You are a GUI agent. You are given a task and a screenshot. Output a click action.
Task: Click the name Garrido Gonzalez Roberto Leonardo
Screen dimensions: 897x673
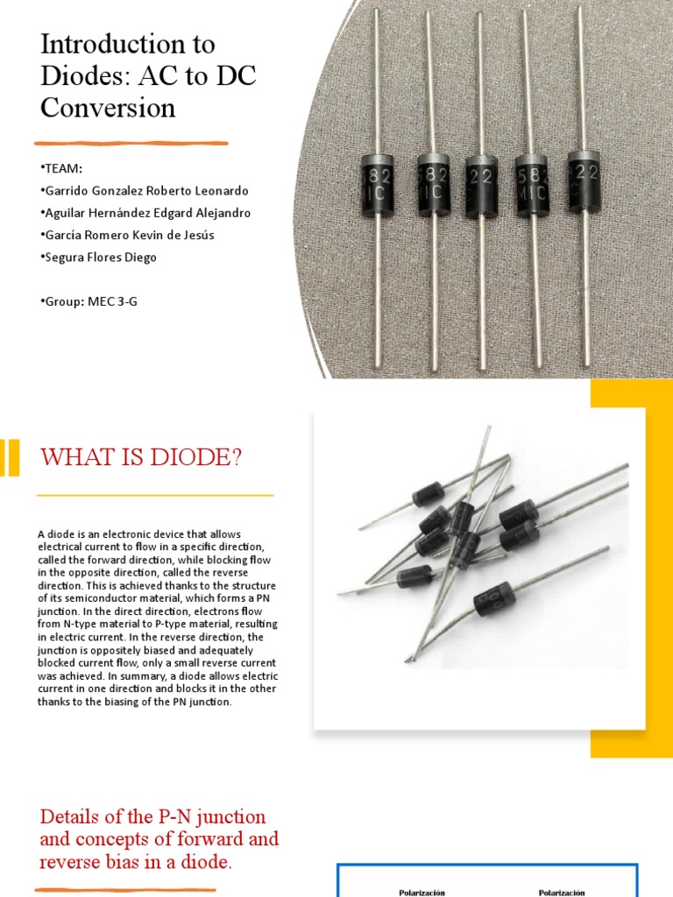(x=144, y=190)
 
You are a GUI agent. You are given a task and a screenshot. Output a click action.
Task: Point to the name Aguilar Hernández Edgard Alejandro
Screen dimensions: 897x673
(x=145, y=213)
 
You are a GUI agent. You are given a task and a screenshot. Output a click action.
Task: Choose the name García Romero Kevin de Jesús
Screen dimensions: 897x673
(x=126, y=235)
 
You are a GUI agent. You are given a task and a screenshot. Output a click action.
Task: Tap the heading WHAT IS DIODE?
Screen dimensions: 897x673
(x=141, y=456)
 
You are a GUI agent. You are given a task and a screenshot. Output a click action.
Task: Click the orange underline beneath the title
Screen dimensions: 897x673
(x=131, y=143)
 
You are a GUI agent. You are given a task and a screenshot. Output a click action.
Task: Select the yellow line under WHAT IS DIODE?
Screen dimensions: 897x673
(x=155, y=496)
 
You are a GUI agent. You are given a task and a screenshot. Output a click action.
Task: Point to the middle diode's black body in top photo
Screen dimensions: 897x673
(x=481, y=185)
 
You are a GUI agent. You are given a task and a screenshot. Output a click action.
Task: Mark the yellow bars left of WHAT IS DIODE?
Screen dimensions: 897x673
(x=9, y=457)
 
